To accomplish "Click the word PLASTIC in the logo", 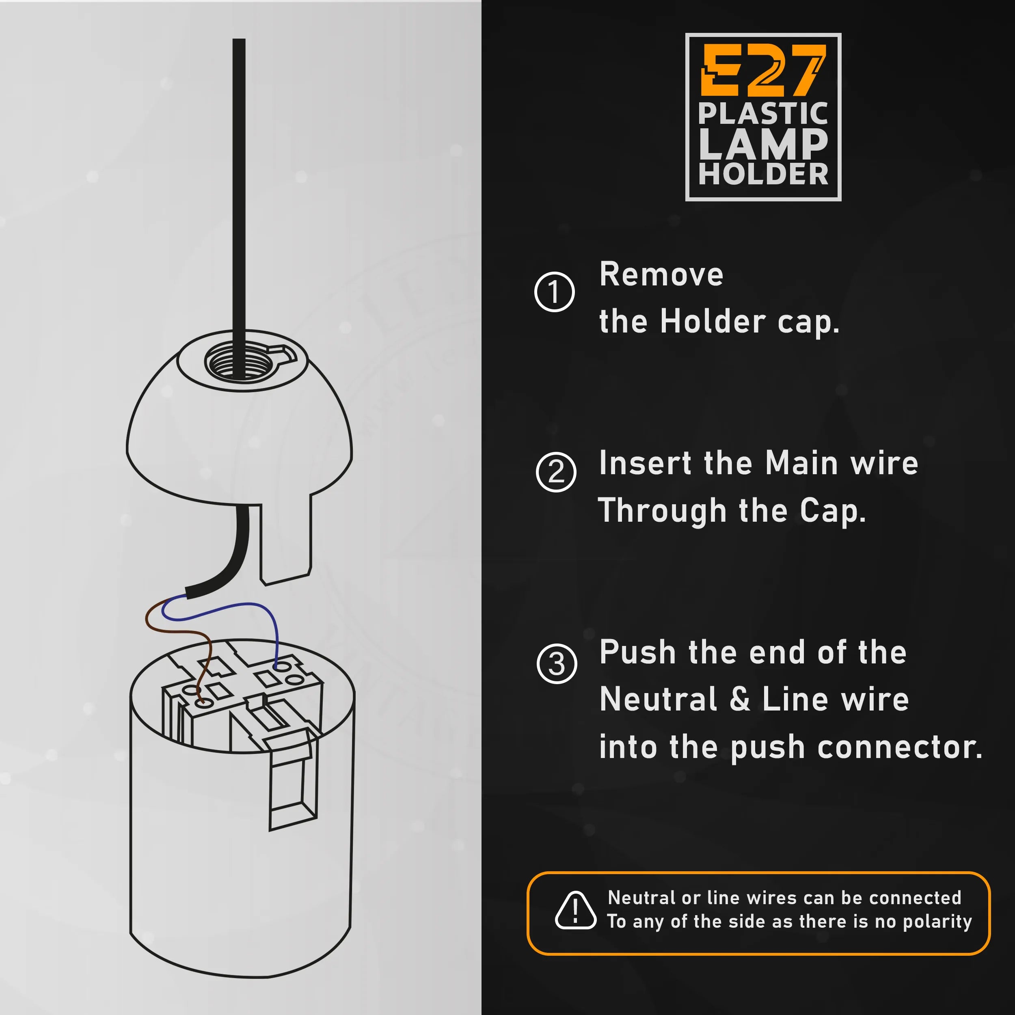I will (763, 114).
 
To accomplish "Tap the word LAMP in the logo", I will (763, 145).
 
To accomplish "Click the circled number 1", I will (554, 292).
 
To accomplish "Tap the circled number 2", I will (556, 472).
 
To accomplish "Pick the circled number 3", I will (557, 663).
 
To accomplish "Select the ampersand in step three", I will (740, 700).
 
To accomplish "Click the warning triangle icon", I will (575, 910).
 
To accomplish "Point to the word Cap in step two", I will (832, 511).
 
